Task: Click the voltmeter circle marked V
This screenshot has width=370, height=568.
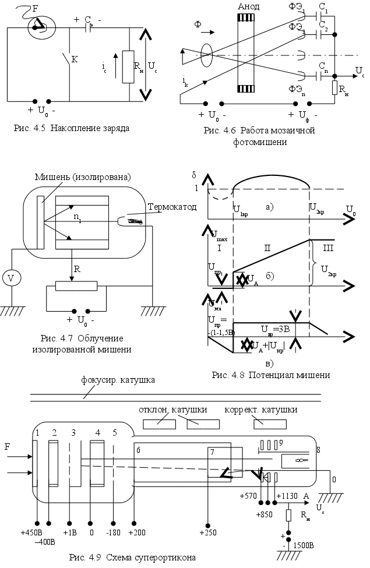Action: click(10, 278)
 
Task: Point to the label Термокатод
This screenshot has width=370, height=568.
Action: click(171, 207)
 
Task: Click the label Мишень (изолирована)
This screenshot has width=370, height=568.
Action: click(82, 177)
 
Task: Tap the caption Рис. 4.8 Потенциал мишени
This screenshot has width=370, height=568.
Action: click(272, 375)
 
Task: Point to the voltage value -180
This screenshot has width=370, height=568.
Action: click(114, 533)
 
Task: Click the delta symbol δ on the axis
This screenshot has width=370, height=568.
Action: click(193, 175)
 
